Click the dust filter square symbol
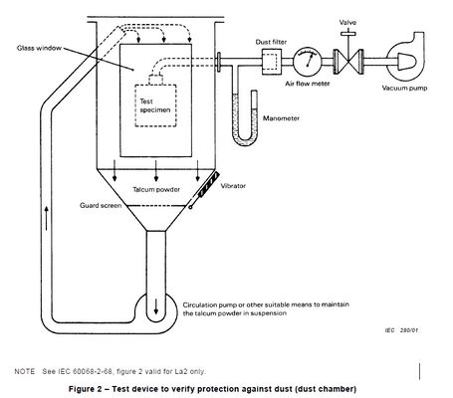point(268,63)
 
